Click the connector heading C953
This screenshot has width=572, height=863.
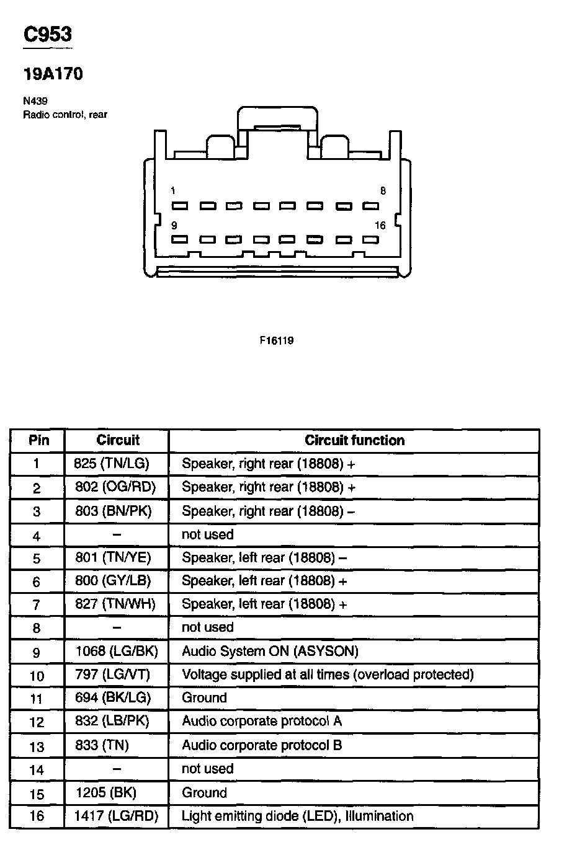[47, 35]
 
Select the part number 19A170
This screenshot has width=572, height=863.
[53, 74]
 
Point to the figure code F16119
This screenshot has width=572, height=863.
[277, 341]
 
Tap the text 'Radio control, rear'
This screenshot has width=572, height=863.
[65, 115]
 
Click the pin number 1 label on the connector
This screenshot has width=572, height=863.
[173, 191]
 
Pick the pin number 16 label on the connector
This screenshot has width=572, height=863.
[380, 226]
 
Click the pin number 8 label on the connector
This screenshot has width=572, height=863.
[383, 191]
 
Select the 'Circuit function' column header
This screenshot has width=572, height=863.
[354, 440]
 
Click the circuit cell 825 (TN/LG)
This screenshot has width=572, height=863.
[112, 463]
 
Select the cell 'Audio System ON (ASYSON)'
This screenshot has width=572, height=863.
[270, 651]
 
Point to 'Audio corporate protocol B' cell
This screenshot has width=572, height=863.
[262, 745]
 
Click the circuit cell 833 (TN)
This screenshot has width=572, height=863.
[102, 745]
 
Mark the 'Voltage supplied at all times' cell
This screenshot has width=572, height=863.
[328, 675]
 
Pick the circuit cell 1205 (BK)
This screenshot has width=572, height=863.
[105, 792]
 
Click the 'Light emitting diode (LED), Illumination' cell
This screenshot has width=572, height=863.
[297, 816]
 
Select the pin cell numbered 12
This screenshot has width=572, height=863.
[37, 722]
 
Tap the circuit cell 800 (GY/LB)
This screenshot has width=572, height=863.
[113, 581]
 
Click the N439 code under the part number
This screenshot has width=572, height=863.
[35, 101]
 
